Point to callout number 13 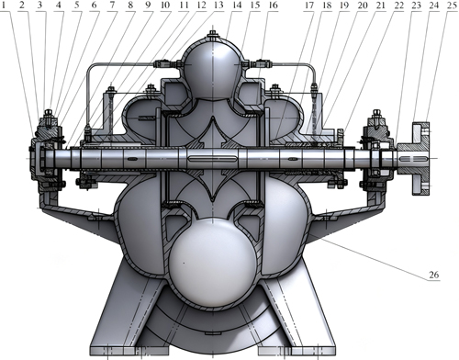point(218,7)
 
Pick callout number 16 point(273,7)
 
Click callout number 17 point(308,7)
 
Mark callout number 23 point(412,7)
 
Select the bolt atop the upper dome point(213,36)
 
